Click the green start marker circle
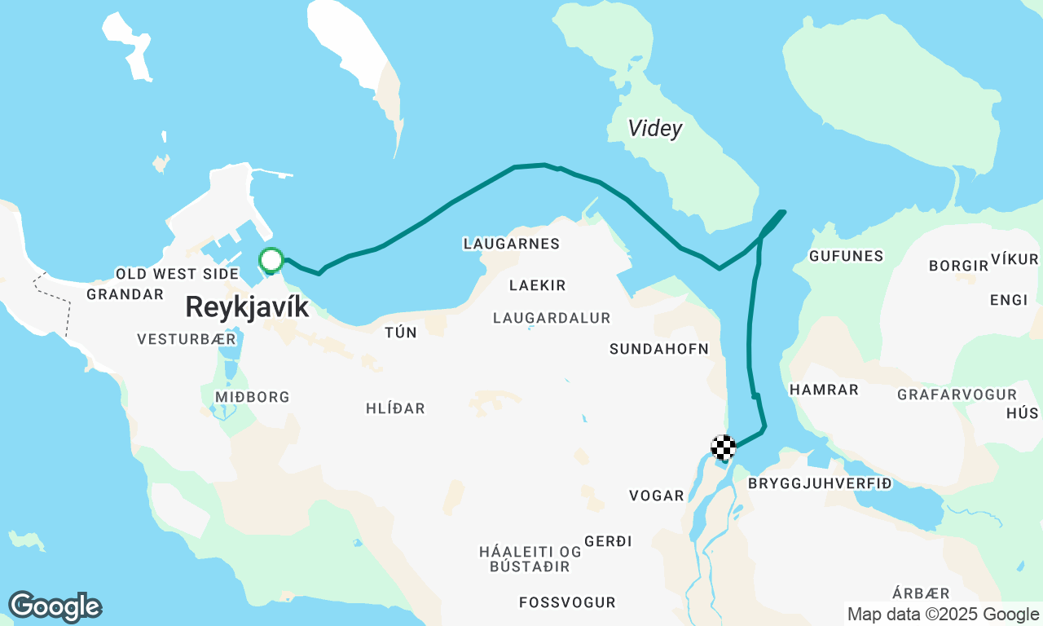tap(271, 261)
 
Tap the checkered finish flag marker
tap(724, 447)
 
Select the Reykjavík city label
tap(247, 307)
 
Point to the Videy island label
tap(654, 129)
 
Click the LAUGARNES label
tap(511, 244)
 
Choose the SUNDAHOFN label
tap(658, 349)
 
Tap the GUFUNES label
tap(846, 256)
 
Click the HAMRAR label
tap(824, 390)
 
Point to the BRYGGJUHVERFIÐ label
tap(820, 484)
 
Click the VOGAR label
tap(657, 496)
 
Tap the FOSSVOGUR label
tap(567, 603)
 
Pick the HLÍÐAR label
tap(395, 408)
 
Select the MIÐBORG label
tap(252, 397)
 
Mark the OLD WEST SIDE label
tap(177, 274)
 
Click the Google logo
tap(55, 607)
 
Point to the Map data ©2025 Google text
tap(943, 615)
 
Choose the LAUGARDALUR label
tap(551, 318)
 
